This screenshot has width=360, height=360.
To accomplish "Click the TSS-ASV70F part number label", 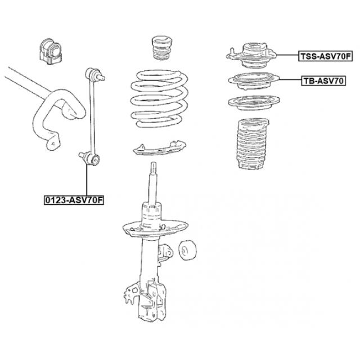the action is (x=325, y=56).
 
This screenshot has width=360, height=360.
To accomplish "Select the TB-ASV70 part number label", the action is (x=323, y=81).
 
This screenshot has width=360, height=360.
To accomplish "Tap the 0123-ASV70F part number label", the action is (x=74, y=200).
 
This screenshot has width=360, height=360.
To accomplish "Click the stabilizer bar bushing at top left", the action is (x=50, y=52).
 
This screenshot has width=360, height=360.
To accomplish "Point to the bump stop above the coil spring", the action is (x=162, y=48).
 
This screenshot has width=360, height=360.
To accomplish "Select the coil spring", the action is (x=159, y=99).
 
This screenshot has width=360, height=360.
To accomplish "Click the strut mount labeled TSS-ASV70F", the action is (x=251, y=55).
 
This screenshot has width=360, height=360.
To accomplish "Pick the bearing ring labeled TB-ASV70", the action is (x=254, y=81).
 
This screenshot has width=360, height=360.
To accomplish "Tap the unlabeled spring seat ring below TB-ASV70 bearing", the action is (x=254, y=102).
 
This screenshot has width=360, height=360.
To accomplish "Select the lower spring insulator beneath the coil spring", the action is (x=160, y=148).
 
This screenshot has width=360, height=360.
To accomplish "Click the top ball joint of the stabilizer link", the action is (x=94, y=74).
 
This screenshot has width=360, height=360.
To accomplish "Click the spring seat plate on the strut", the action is (x=155, y=229).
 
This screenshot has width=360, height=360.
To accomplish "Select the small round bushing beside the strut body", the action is (x=187, y=250).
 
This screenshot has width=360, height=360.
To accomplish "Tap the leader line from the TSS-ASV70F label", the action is (x=287, y=55).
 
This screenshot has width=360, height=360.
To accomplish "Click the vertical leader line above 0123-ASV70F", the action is (x=87, y=180).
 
